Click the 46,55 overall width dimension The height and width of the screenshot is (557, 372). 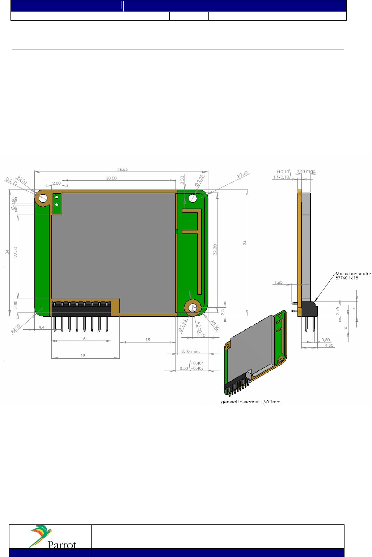click(122, 169)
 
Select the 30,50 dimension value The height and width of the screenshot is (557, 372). click(111, 178)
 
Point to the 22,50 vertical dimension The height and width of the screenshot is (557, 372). click(16, 252)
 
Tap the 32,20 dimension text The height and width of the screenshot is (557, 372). click(215, 249)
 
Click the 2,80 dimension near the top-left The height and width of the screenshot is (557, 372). click(56, 183)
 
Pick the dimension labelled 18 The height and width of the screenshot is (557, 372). click(83, 356)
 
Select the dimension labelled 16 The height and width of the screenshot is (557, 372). click(83, 339)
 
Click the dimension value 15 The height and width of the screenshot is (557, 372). click(148, 340)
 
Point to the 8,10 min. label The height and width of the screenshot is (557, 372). click(190, 351)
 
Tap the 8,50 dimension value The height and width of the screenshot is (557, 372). click(184, 368)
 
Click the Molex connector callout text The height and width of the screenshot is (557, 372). click(353, 276)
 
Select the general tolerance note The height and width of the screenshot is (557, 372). click(251, 402)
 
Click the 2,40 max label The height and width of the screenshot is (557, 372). click(306, 172)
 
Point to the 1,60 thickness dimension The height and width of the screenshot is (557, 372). click(278, 282)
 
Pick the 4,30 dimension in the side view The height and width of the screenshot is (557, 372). click(329, 345)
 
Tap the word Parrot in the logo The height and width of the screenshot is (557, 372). click(62, 545)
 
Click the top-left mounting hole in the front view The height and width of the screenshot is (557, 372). click(43, 198)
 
